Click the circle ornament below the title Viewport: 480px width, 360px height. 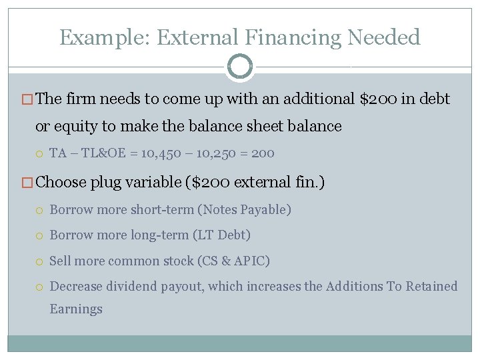point(240,67)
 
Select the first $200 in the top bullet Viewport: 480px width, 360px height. point(379,99)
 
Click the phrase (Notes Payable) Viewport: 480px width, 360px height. point(245,210)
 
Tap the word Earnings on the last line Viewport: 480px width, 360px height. point(76,309)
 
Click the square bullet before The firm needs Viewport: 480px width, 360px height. point(28,100)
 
